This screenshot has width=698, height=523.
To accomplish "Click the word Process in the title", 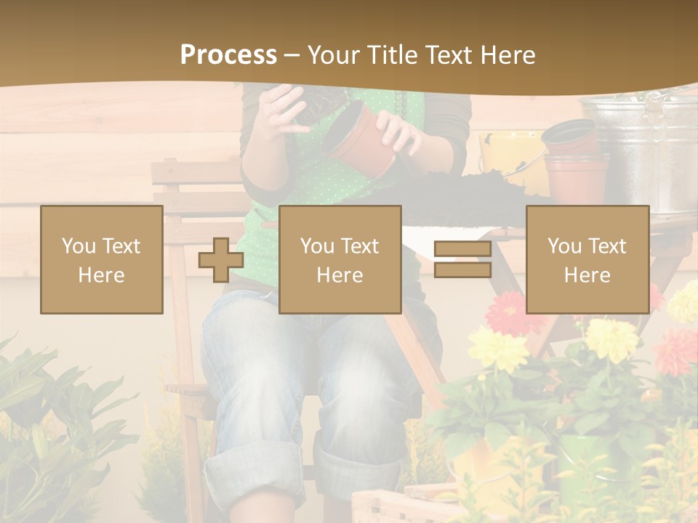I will (x=228, y=54).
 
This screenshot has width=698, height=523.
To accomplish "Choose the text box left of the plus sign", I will (x=102, y=259).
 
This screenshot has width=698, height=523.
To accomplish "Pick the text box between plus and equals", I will (x=340, y=259).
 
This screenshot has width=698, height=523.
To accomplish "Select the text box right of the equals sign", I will (x=587, y=259).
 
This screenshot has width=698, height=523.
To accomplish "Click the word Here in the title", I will (x=508, y=54).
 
